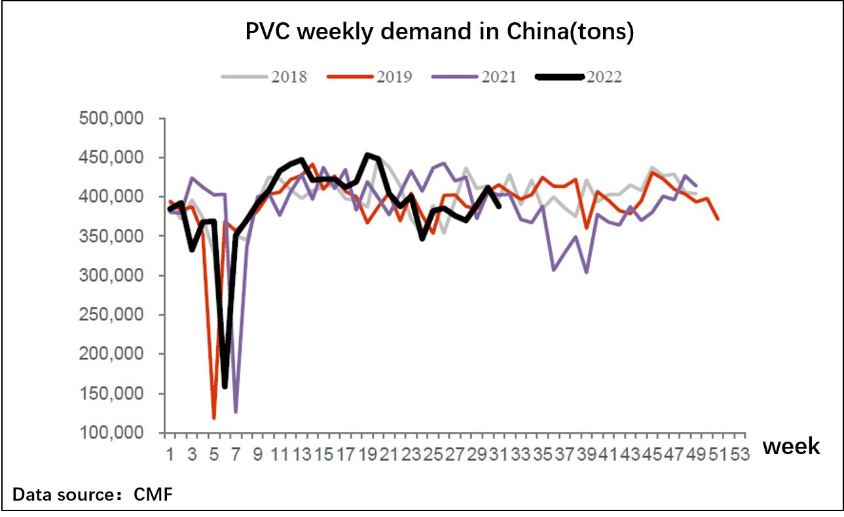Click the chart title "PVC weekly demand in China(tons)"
pyautogui.click(x=439, y=32)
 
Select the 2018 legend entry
pyautogui.click(x=289, y=77)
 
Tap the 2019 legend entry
pyautogui.click(x=394, y=77)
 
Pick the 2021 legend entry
pyautogui.click(x=498, y=77)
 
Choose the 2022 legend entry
pyautogui.click(x=604, y=77)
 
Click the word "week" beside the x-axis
pyautogui.click(x=791, y=447)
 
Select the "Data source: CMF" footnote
pyautogui.click(x=92, y=495)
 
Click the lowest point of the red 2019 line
pyautogui.click(x=213, y=417)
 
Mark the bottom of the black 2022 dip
pyautogui.click(x=225, y=387)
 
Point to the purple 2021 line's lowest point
pyautogui.click(x=235, y=412)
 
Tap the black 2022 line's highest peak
pyautogui.click(x=367, y=155)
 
